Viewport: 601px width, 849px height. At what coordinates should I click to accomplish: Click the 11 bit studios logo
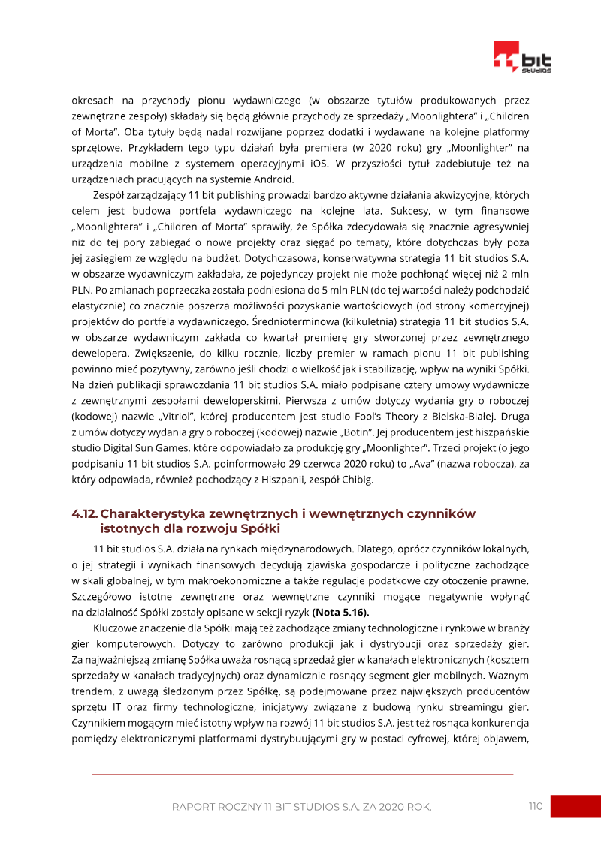pyautogui.click(x=521, y=57)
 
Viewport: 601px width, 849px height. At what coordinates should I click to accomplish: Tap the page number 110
pyautogui.click(x=535, y=806)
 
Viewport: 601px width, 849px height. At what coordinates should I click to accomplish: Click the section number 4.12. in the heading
pyautogui.click(x=84, y=513)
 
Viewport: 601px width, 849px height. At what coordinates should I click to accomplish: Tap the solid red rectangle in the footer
pyautogui.click(x=575, y=807)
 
